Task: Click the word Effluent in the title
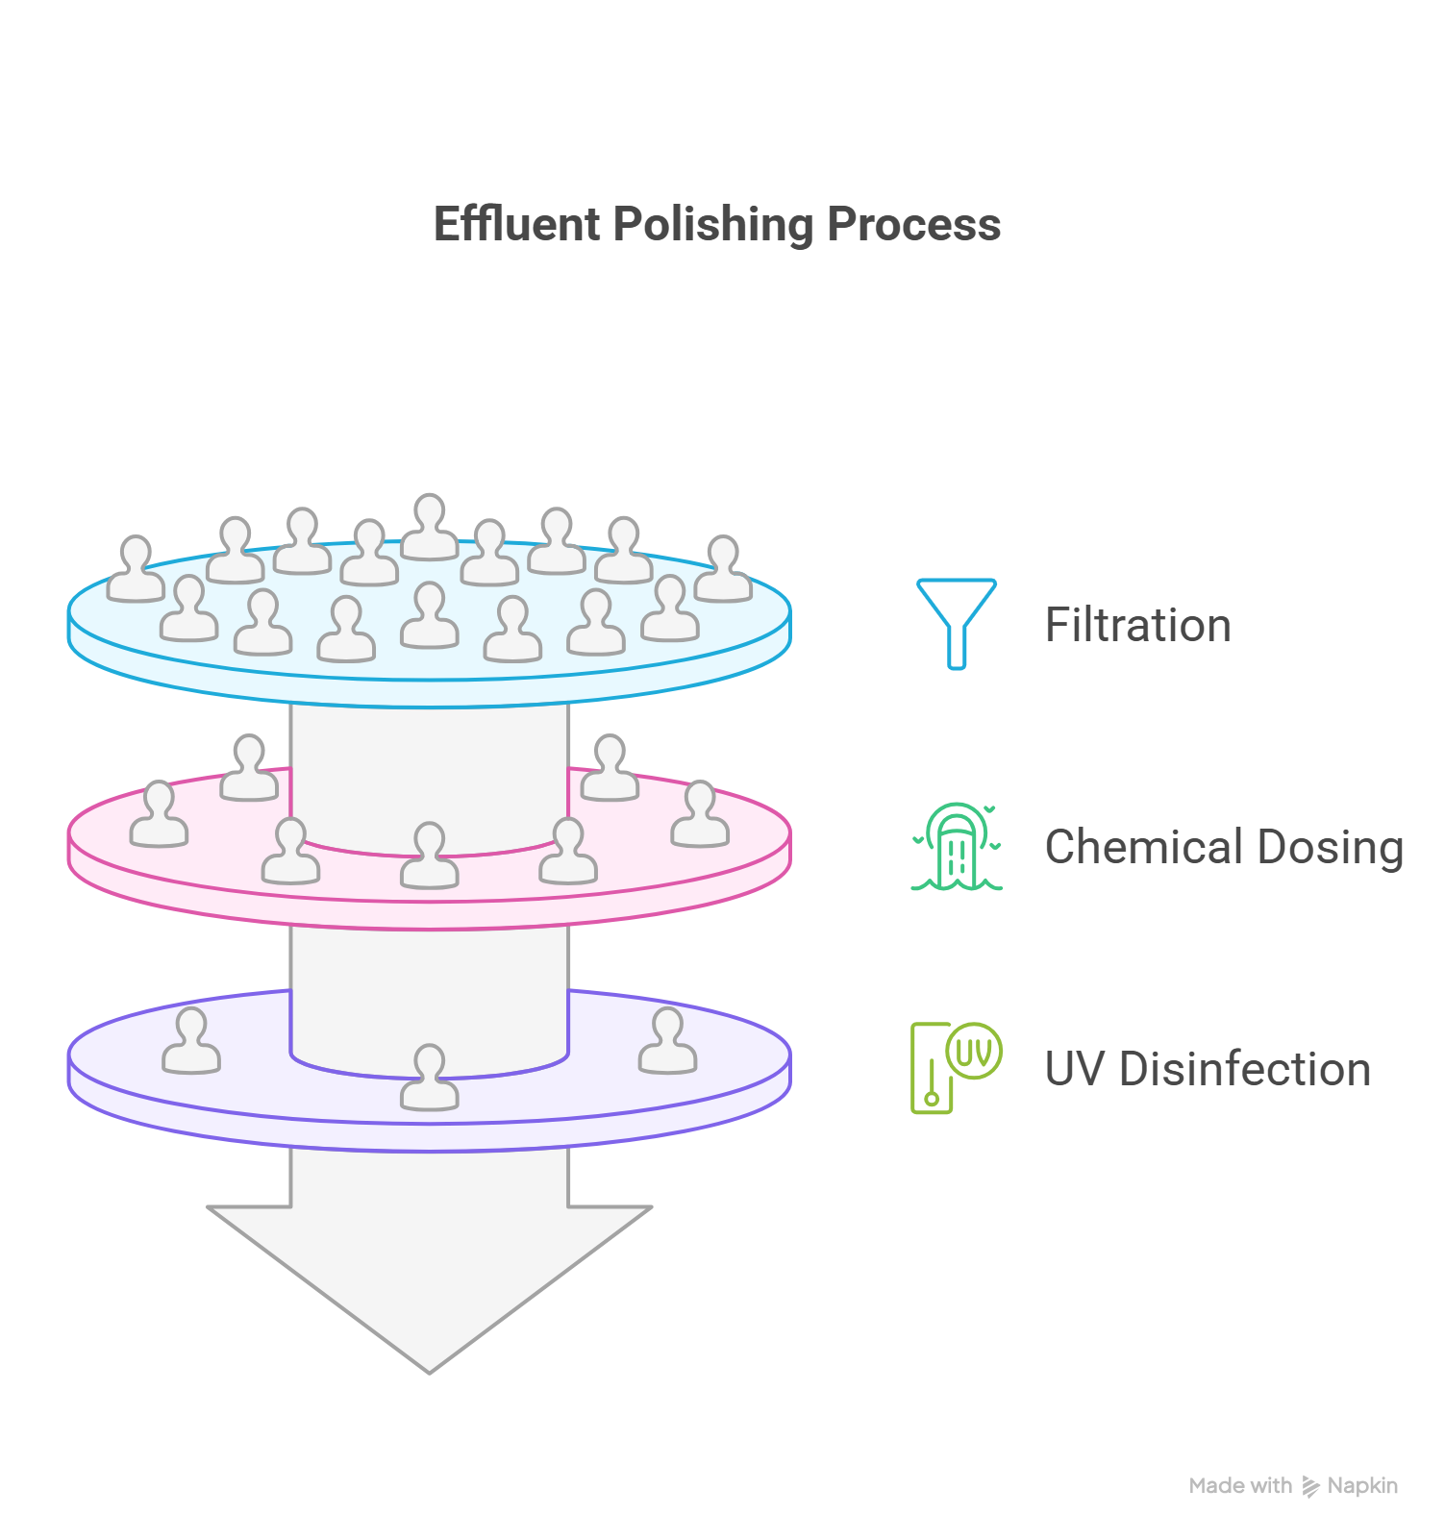[517, 225]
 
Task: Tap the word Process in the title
[913, 225]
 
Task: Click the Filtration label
[1137, 626]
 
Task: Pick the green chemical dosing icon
[957, 847]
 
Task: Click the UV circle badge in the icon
[974, 1051]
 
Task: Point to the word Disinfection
[1245, 1069]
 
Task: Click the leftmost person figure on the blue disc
[136, 569]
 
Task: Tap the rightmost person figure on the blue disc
[723, 569]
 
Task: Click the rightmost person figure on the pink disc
[700, 814]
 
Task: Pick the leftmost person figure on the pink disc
[159, 814]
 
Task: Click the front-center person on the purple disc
[429, 1078]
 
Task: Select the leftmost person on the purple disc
[191, 1041]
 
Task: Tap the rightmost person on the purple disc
[667, 1041]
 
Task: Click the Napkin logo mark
[1310, 1486]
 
